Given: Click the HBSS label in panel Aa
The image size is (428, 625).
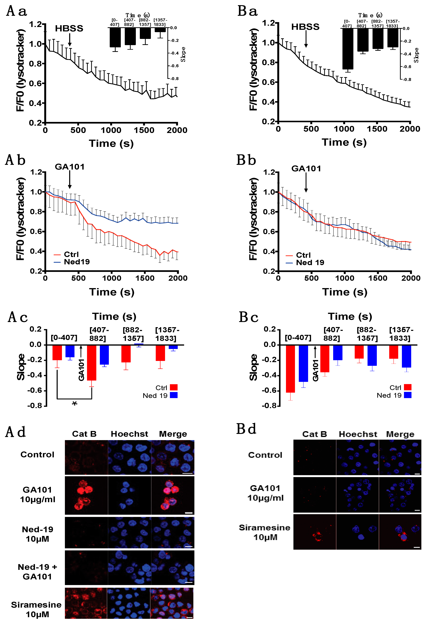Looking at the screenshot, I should point(69,28).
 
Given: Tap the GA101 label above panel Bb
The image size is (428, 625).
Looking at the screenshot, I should point(306,169).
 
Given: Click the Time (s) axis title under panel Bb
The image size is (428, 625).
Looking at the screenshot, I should point(345,292).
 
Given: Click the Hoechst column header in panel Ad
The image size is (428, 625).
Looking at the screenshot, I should point(129,434).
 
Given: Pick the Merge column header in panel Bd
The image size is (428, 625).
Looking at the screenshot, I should point(400,434).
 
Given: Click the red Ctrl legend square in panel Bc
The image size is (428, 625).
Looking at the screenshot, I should point(407,387).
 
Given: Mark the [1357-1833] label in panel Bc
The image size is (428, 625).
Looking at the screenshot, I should point(401,334).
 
